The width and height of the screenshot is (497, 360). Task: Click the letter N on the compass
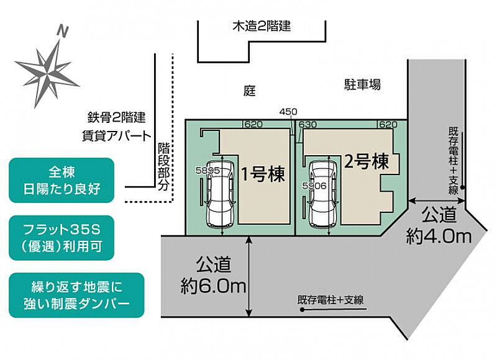63,32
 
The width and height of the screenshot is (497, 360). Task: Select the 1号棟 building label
263,174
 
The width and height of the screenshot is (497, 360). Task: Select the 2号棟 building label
366,161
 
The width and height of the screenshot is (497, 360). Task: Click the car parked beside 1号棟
221,194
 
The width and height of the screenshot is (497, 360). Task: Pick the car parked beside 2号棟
323,194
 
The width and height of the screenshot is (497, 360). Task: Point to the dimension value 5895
207,171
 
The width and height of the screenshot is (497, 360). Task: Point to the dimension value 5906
314,186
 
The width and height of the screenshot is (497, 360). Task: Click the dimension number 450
288,112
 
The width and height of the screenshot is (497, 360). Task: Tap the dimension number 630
308,124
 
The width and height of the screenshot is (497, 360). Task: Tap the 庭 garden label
250,91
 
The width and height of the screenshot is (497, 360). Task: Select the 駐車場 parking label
363,84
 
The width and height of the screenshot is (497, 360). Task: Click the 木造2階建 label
262,26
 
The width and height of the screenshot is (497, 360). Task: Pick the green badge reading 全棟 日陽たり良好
62,180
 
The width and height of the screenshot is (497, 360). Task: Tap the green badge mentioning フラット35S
62,238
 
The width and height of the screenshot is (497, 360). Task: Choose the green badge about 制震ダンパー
76,295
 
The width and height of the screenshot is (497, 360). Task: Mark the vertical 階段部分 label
163,166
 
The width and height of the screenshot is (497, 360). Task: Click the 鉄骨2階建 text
116,118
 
